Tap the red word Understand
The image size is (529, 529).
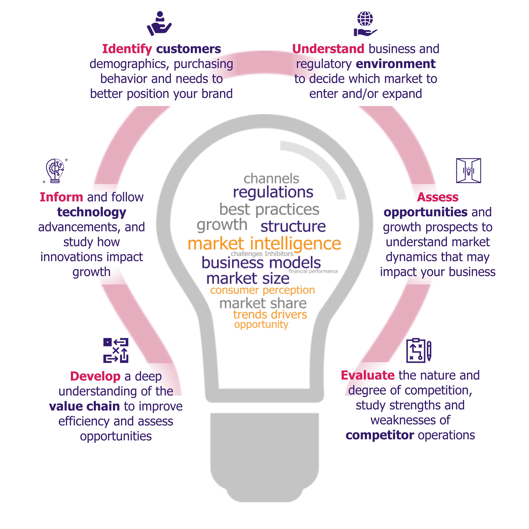click(328, 49)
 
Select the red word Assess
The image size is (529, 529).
click(438, 197)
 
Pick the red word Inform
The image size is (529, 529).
click(61, 197)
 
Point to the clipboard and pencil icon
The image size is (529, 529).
click(419, 350)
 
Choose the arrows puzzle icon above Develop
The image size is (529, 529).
click(116, 350)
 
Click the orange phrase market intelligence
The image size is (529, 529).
click(264, 244)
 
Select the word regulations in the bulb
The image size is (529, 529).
click(273, 192)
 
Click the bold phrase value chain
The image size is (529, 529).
click(84, 406)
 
